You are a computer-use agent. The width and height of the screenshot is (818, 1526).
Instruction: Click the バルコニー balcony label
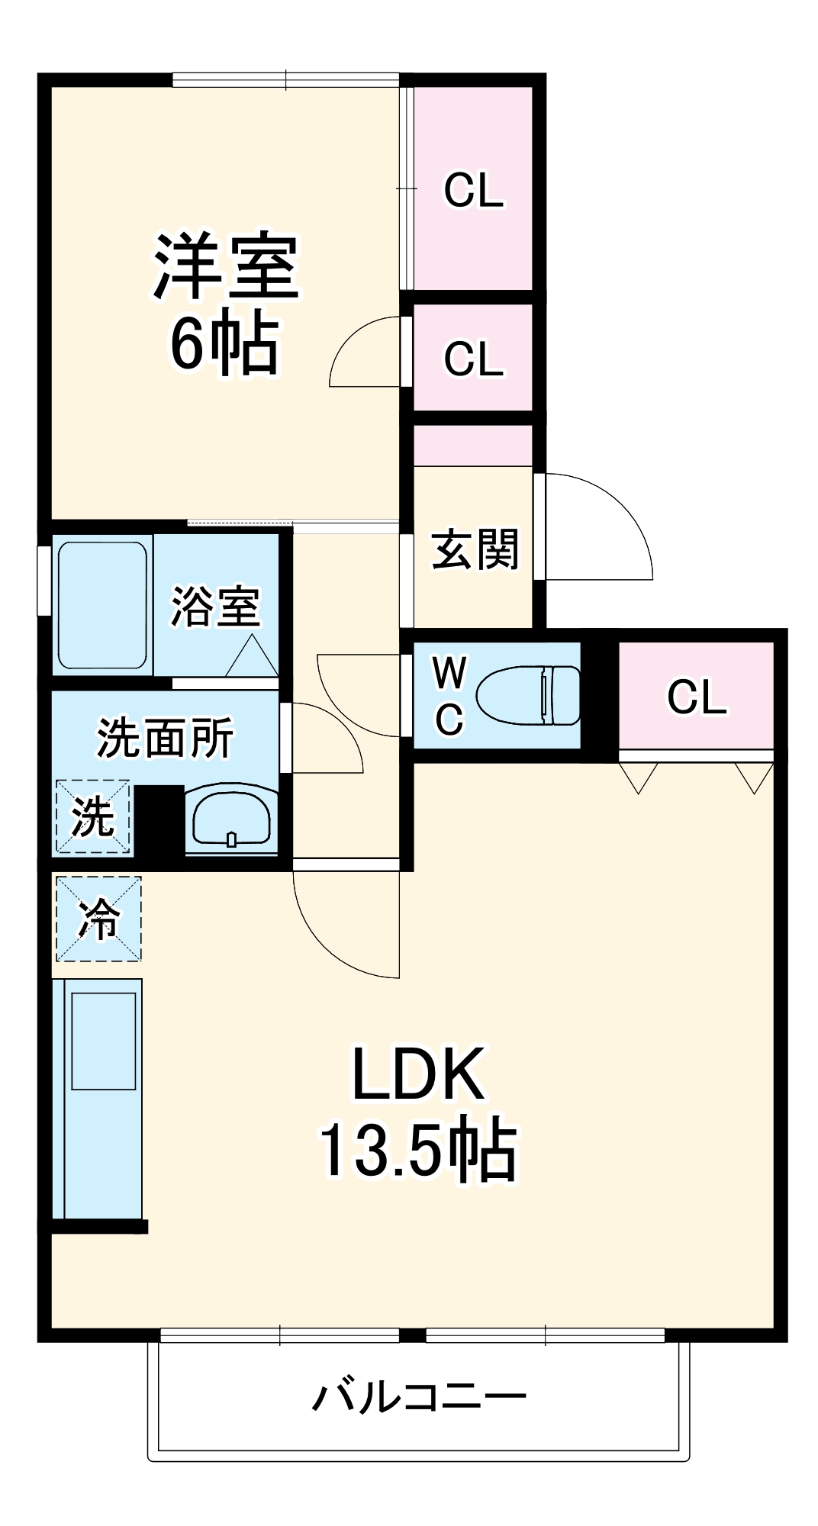click(x=419, y=1397)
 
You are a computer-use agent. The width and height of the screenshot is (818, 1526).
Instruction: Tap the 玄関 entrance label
click(x=475, y=549)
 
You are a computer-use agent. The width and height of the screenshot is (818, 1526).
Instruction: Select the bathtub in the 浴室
click(x=102, y=605)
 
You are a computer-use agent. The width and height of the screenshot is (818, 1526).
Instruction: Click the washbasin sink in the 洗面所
click(x=231, y=820)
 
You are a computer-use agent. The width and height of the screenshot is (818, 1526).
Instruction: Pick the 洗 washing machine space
click(x=92, y=817)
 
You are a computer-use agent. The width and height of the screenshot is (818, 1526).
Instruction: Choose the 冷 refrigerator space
click(x=98, y=919)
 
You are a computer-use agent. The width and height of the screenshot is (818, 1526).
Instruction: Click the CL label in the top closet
click(x=474, y=190)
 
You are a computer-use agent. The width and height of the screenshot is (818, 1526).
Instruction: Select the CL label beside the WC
click(x=697, y=697)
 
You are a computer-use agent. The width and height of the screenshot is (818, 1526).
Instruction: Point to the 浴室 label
click(x=215, y=607)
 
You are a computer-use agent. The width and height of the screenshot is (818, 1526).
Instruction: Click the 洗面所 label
click(x=165, y=738)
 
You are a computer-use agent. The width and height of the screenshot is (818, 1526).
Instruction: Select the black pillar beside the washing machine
click(x=159, y=820)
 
